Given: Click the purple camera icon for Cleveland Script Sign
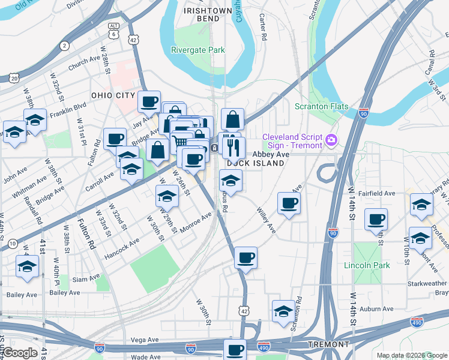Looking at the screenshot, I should pos(331,140).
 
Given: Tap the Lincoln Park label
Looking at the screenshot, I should pos(367,265).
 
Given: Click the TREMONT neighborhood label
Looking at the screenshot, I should pos(328,344).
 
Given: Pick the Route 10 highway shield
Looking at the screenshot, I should pos(12,244).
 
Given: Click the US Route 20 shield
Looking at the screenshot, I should pos(14,78).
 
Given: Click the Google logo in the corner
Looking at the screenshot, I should pos(20,353).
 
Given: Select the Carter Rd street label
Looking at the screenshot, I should pos(262,28).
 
